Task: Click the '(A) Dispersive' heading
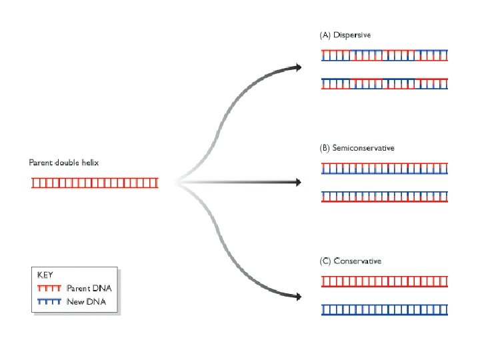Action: (x=344, y=35)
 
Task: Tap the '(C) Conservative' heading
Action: (x=351, y=261)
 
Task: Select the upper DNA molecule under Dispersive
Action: (x=385, y=56)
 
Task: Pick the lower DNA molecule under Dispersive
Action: (x=385, y=83)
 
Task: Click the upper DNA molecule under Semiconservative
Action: (x=385, y=169)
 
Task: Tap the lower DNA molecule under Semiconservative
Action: (x=385, y=197)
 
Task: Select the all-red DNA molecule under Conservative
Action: (x=385, y=282)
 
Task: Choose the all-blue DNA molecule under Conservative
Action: (x=385, y=310)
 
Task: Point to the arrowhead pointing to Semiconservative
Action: (x=298, y=181)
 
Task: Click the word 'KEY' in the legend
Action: (x=45, y=275)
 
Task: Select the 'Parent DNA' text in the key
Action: (x=89, y=289)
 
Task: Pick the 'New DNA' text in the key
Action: (x=85, y=302)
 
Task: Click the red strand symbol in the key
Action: (x=49, y=289)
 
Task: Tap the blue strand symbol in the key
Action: (x=49, y=302)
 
